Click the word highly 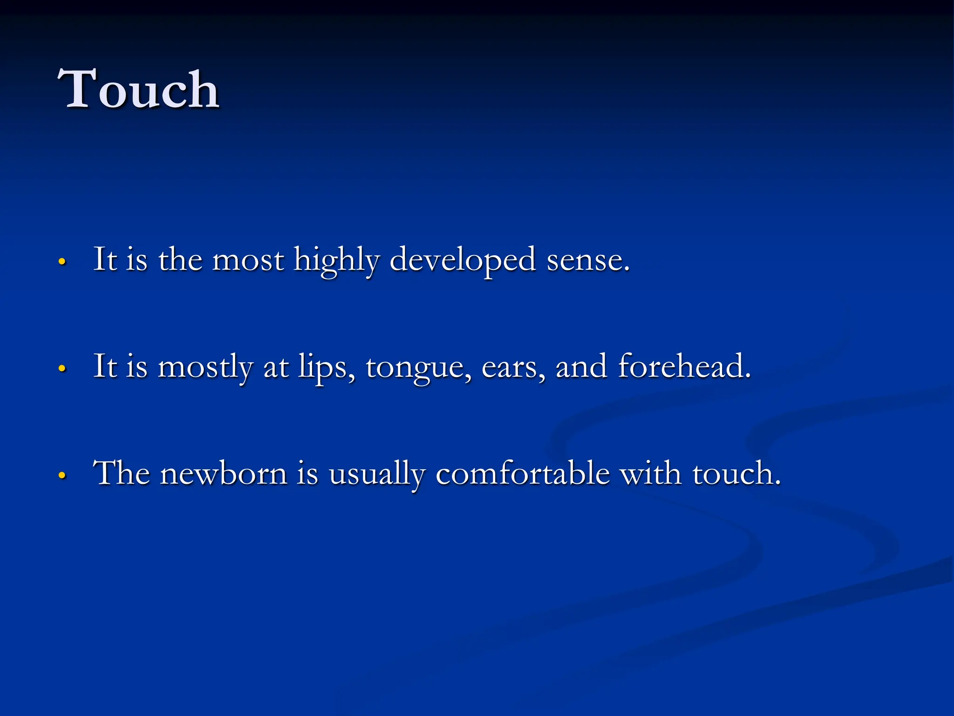click(336, 261)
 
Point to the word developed click(462, 261)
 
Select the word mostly click(205, 367)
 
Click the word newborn click(224, 474)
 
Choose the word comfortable click(523, 474)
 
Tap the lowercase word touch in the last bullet click(736, 474)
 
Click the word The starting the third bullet click(121, 474)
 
